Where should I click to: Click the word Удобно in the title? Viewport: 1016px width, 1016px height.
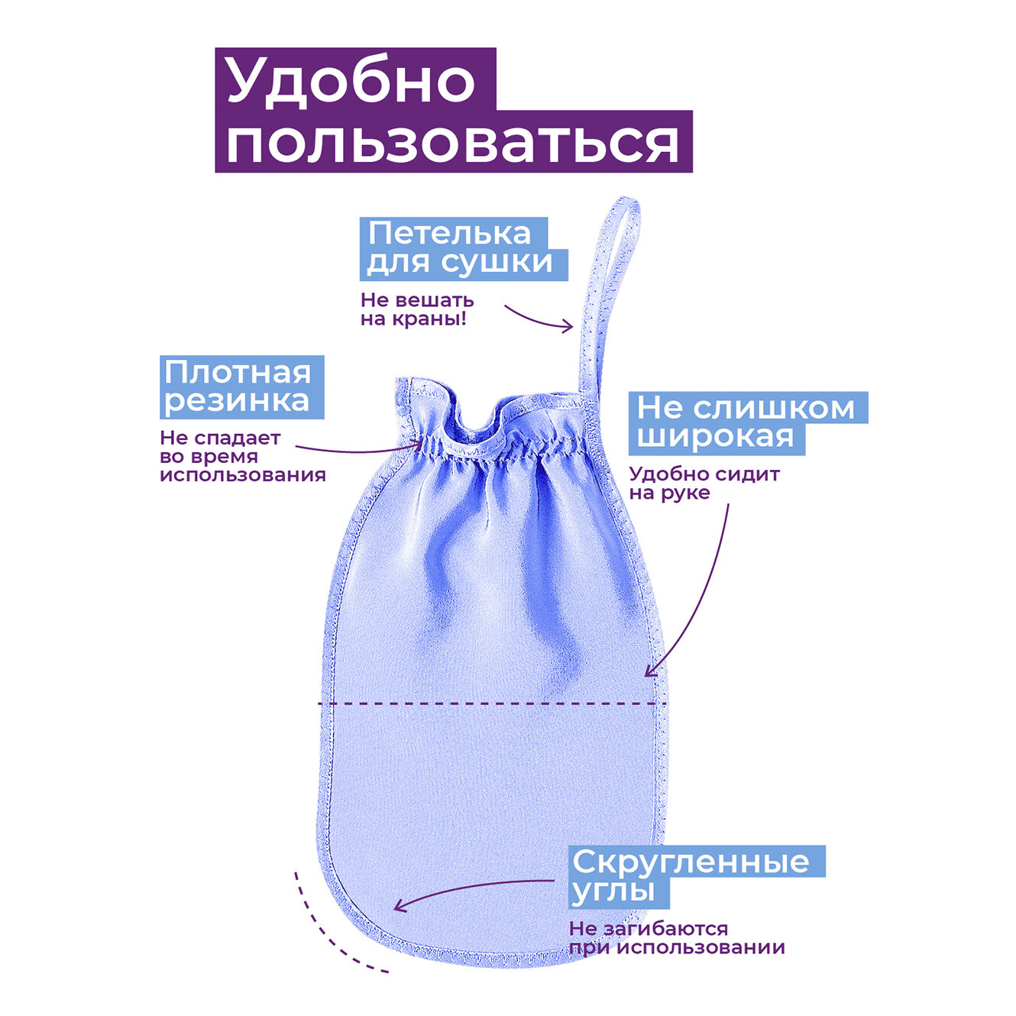tap(351, 81)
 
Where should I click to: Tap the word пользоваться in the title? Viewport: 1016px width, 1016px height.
tap(452, 142)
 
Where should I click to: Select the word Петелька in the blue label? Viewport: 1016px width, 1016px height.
tap(449, 234)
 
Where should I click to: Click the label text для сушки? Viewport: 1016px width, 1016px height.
tap(460, 263)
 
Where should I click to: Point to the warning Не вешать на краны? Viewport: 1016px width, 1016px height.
tap(416, 309)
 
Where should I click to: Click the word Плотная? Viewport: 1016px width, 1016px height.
tap(238, 372)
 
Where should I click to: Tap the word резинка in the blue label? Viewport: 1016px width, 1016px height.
tap(237, 401)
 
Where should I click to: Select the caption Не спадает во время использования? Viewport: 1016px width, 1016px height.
tap(242, 457)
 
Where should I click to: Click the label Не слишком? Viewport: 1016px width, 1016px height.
tap(746, 408)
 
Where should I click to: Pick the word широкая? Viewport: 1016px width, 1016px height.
tap(715, 438)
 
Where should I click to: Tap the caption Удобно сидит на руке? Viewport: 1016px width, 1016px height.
tap(704, 483)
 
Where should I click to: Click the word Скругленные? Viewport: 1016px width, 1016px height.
tap(691, 862)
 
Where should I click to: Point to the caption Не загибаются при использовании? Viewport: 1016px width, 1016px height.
tap(676, 938)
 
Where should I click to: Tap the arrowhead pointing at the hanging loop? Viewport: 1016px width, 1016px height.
tap(568, 327)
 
